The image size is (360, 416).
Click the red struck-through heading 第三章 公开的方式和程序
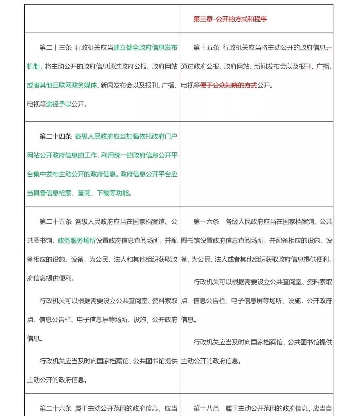click(230, 19)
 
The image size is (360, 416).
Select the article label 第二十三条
click(56, 48)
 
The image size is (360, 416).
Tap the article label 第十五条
click(206, 48)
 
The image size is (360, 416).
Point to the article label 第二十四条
click(56, 136)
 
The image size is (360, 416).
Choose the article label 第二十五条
click(56, 222)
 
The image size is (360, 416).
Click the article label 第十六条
click(206, 222)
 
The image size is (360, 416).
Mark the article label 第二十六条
click(56, 408)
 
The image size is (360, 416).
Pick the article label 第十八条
click(206, 408)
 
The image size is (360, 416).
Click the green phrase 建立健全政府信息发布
click(145, 48)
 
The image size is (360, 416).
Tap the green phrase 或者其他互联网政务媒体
click(62, 85)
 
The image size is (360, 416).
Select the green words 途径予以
click(59, 104)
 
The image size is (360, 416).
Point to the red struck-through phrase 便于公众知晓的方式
click(229, 85)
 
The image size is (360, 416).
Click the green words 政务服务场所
click(77, 241)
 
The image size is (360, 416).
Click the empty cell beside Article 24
click(256, 164)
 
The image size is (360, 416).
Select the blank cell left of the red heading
click(102, 19)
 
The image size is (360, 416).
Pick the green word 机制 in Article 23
click(33, 66)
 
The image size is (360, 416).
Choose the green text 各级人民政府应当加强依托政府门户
click(126, 136)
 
